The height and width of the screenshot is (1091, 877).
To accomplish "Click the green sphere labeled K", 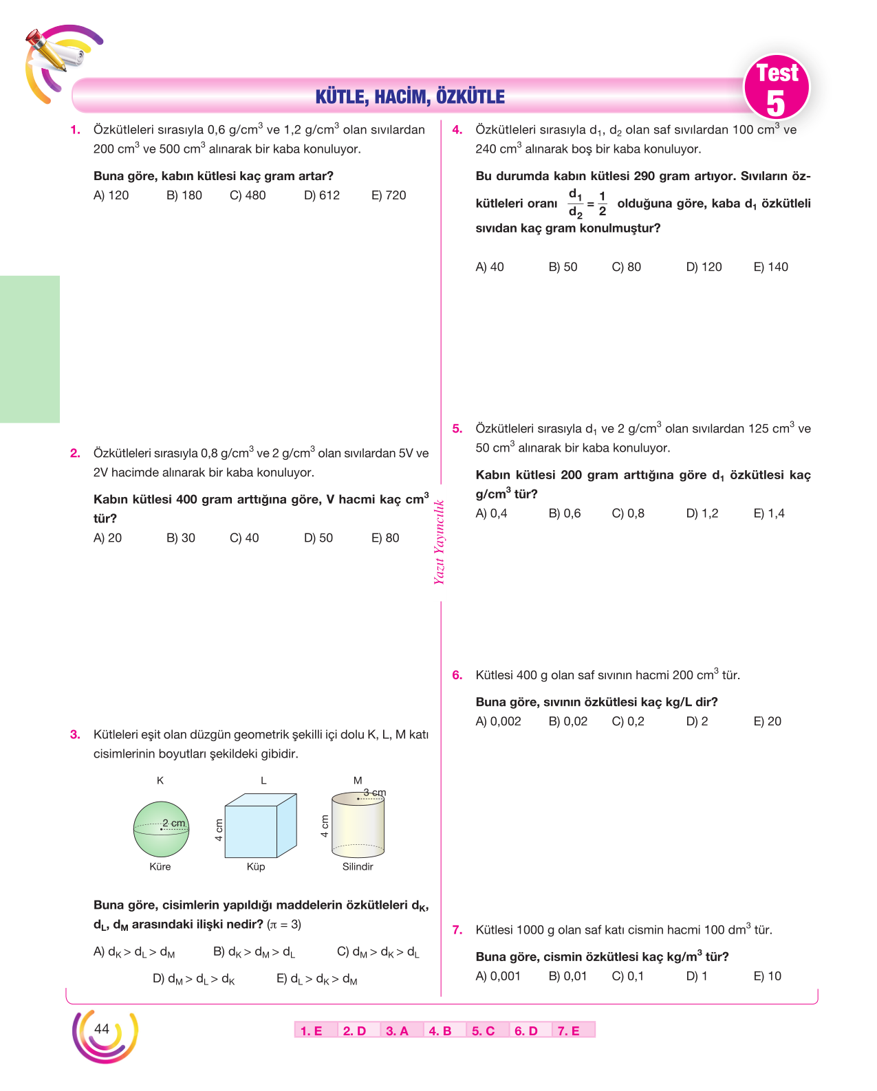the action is pos(161,829).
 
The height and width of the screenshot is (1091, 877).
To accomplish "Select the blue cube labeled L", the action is pos(260,826).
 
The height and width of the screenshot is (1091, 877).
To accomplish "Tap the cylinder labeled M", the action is pos(358,825).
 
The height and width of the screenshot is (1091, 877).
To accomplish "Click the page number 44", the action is pos(101,1028).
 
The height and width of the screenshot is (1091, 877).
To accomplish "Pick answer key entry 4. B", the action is pos(440,1031).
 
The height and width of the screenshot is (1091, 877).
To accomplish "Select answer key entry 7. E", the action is pos(568,1031).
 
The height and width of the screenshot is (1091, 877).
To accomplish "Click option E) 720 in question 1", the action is pos(389,195).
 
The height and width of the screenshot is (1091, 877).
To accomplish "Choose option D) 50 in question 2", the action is pos(318,538).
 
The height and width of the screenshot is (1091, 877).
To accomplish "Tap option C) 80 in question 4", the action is pos(626,267).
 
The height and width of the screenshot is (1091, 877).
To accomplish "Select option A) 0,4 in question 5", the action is pos(491,513).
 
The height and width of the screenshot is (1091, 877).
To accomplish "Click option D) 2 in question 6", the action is pos(696,721).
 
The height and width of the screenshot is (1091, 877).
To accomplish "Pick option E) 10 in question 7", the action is pos(767,976).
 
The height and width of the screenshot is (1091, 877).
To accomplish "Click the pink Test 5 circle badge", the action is pos(777,87).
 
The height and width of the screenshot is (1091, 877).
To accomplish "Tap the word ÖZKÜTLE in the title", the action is pos(470,96).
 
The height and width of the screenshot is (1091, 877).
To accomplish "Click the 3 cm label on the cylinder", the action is pos(374,792).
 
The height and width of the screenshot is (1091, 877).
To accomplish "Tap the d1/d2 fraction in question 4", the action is pos(575,203).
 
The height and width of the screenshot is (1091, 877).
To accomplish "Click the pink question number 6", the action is pos(457,675).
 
